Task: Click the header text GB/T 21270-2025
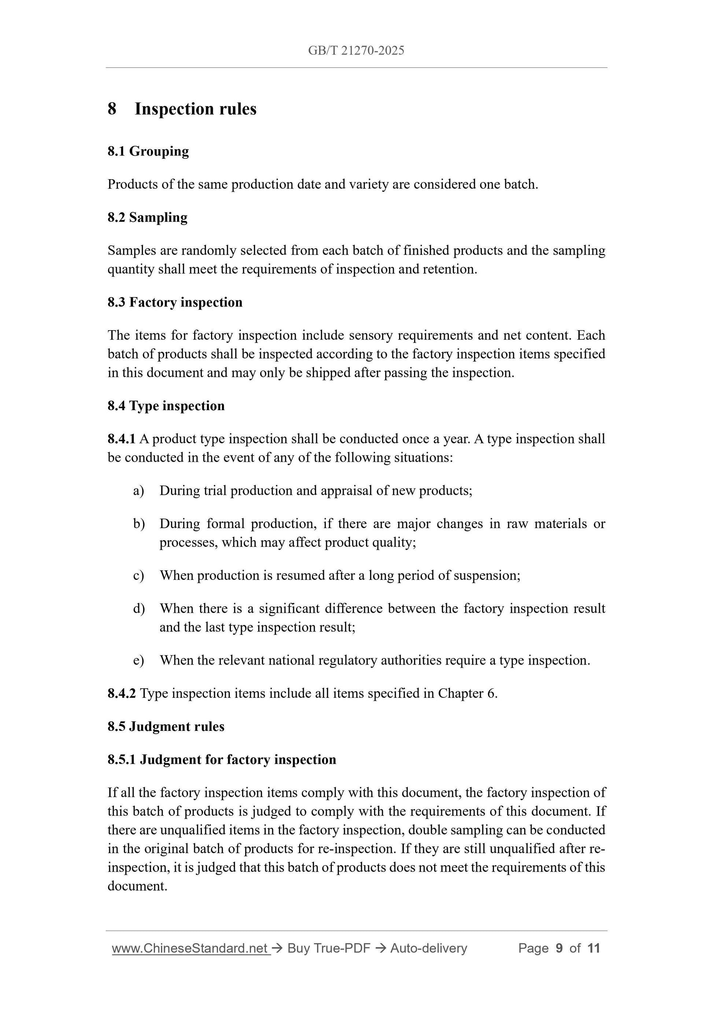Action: (356, 51)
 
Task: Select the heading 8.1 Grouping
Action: (148, 151)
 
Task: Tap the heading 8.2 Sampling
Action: (147, 218)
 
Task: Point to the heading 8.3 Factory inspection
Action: (175, 302)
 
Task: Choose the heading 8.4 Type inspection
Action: (166, 406)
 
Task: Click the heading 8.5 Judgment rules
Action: (166, 726)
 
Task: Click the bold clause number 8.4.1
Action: (121, 439)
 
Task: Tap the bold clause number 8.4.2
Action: (121, 693)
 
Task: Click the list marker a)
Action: (138, 491)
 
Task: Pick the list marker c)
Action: (138, 576)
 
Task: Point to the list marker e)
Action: (138, 660)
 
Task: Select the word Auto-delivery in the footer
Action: (428, 949)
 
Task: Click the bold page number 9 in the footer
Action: (559, 949)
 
